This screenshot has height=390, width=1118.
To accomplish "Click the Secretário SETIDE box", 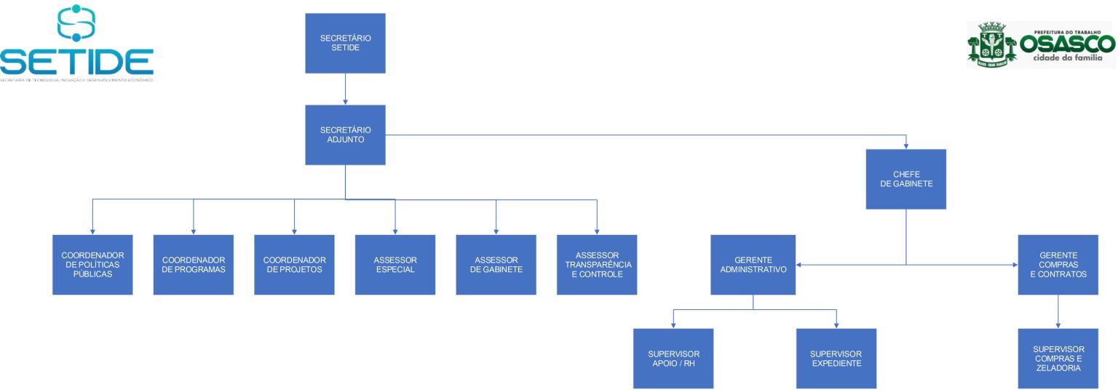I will pyautogui.click(x=345, y=43).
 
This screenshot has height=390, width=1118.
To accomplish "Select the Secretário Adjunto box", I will pyautogui.click(x=345, y=135).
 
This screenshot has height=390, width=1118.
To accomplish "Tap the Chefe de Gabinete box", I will pyautogui.click(x=905, y=179).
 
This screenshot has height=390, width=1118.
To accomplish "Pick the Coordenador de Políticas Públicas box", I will pyautogui.click(x=92, y=264).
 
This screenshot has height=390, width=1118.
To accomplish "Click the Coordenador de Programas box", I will pyautogui.click(x=193, y=264).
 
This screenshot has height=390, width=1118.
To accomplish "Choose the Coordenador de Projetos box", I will pyautogui.click(x=294, y=264).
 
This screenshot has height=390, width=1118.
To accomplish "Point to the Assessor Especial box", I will pyautogui.click(x=395, y=264).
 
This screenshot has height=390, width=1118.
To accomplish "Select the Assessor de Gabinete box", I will pyautogui.click(x=496, y=264).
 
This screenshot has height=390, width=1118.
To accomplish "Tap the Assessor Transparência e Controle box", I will pyautogui.click(x=597, y=264).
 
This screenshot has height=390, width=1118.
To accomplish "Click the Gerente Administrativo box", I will pyautogui.click(x=753, y=264).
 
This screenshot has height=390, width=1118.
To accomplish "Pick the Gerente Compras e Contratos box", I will pyautogui.click(x=1058, y=264).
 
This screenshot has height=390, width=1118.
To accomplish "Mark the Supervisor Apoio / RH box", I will pyautogui.click(x=673, y=358).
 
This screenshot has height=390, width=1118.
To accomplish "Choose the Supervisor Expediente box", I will pyautogui.click(x=836, y=358).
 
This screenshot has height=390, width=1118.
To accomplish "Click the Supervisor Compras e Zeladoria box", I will pyautogui.click(x=1058, y=358).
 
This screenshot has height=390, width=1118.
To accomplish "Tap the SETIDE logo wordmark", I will pyautogui.click(x=77, y=61).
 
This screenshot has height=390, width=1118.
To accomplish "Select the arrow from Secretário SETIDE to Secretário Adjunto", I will pyautogui.click(x=345, y=89).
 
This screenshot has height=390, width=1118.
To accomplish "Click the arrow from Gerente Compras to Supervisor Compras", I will pyautogui.click(x=1058, y=311).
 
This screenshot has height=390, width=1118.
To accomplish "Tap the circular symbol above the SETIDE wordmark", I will pyautogui.click(x=76, y=23).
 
